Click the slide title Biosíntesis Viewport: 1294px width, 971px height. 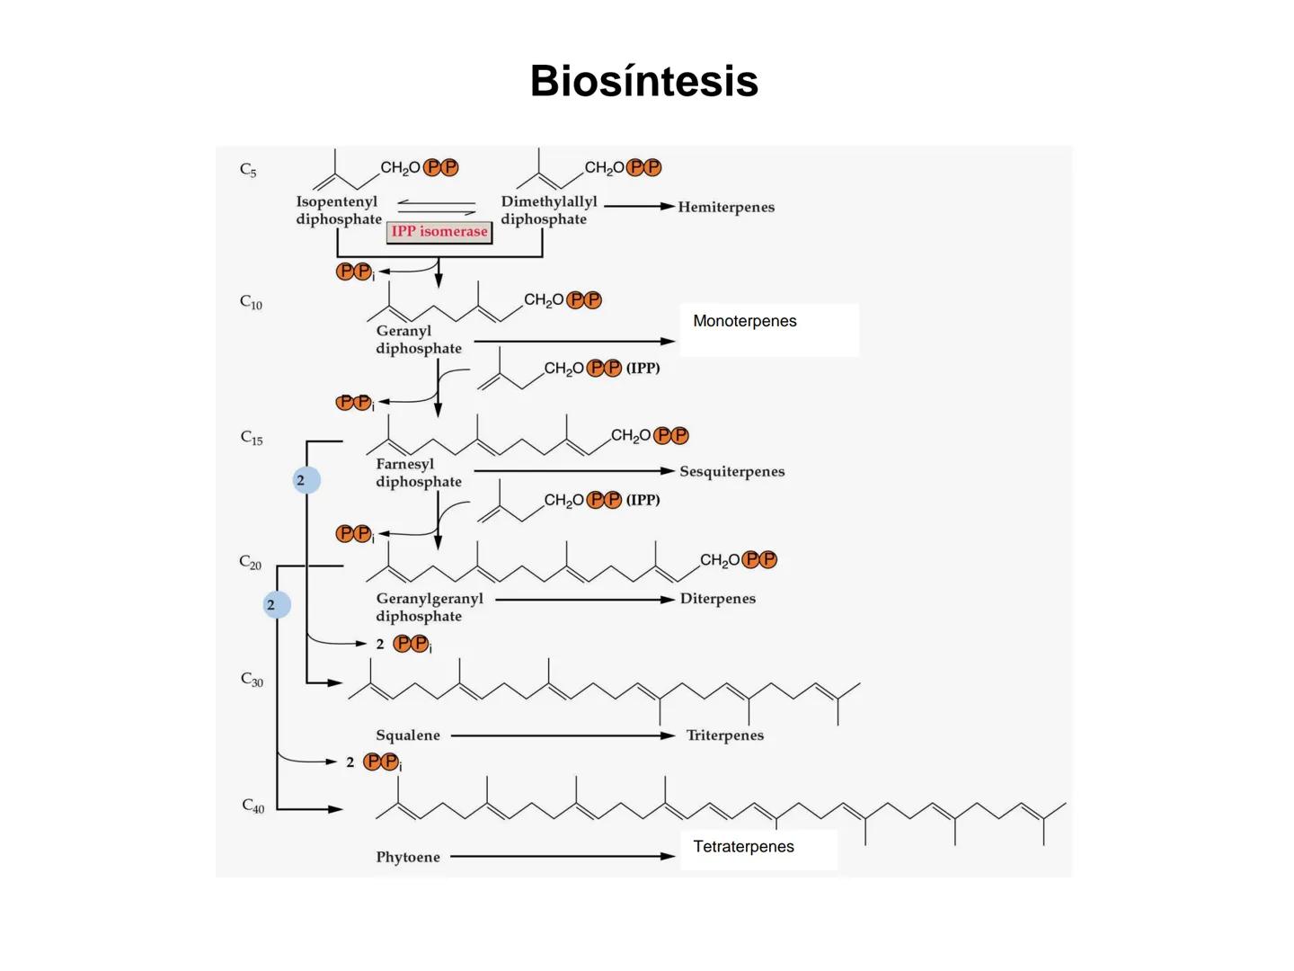click(643, 81)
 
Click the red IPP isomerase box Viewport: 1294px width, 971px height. click(439, 232)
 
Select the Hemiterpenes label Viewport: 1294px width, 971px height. click(725, 207)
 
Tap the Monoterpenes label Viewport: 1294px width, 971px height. click(744, 322)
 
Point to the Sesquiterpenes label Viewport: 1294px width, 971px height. click(731, 471)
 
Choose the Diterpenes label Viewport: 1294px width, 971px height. click(717, 599)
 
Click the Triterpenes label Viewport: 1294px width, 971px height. click(724, 735)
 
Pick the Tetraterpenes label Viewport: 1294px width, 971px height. click(743, 847)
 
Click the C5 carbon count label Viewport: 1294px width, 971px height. click(248, 170)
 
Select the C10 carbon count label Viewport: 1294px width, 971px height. click(251, 302)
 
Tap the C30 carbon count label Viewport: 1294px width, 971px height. click(252, 680)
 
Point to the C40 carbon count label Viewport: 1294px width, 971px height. click(253, 806)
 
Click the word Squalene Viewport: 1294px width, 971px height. click(408, 735)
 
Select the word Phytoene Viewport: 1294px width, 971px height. click(408, 857)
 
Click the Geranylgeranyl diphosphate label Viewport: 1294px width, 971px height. click(429, 607)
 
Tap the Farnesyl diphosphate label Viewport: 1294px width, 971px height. click(418, 473)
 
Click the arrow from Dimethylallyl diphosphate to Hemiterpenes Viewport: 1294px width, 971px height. click(639, 207)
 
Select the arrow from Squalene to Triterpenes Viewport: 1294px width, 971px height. click(562, 735)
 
